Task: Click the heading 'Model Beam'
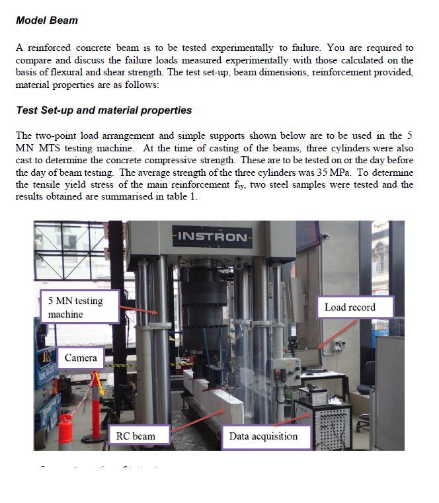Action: click(46, 20)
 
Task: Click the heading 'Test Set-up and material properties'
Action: click(104, 110)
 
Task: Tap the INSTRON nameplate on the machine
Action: click(212, 237)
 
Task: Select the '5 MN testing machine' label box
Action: click(79, 307)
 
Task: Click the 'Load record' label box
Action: click(354, 307)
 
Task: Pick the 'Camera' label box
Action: click(81, 358)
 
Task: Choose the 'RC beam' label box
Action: click(138, 436)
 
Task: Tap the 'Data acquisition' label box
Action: click(263, 436)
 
